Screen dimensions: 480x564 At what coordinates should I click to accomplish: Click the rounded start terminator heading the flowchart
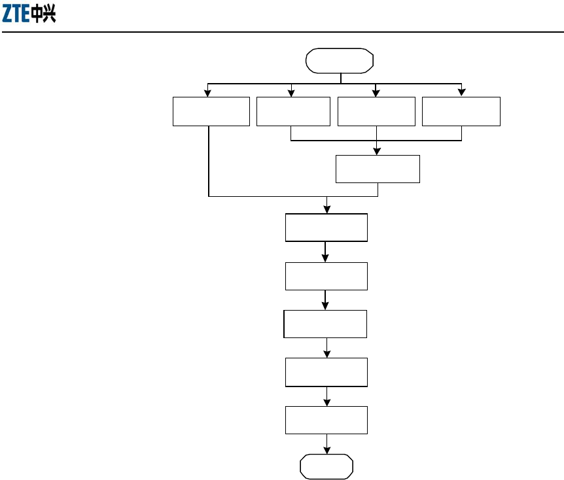click(x=340, y=61)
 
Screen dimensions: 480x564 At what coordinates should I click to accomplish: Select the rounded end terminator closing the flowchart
click(x=326, y=467)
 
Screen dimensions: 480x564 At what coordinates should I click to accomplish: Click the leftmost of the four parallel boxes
click(x=211, y=112)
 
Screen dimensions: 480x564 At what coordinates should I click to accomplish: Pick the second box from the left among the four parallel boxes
click(x=293, y=112)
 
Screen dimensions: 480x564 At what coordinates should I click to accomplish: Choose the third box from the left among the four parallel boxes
click(x=376, y=112)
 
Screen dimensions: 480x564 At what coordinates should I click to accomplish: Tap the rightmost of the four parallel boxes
click(x=461, y=112)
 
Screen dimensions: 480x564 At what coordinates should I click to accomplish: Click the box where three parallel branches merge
click(x=378, y=169)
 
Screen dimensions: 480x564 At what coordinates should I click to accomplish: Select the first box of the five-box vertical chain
click(x=326, y=228)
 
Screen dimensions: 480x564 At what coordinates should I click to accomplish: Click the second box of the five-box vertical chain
click(x=326, y=276)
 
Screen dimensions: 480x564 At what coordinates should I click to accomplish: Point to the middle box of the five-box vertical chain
click(x=325, y=324)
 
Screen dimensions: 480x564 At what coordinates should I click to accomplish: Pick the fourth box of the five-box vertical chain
click(x=326, y=372)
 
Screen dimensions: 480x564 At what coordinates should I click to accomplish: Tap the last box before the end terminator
click(x=326, y=420)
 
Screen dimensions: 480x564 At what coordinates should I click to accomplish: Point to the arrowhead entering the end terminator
click(x=326, y=452)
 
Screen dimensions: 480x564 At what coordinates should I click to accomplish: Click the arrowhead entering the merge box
click(x=378, y=151)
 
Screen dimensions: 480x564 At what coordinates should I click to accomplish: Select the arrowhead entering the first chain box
click(x=326, y=209)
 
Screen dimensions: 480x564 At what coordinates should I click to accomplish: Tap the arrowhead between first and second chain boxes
click(x=326, y=258)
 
